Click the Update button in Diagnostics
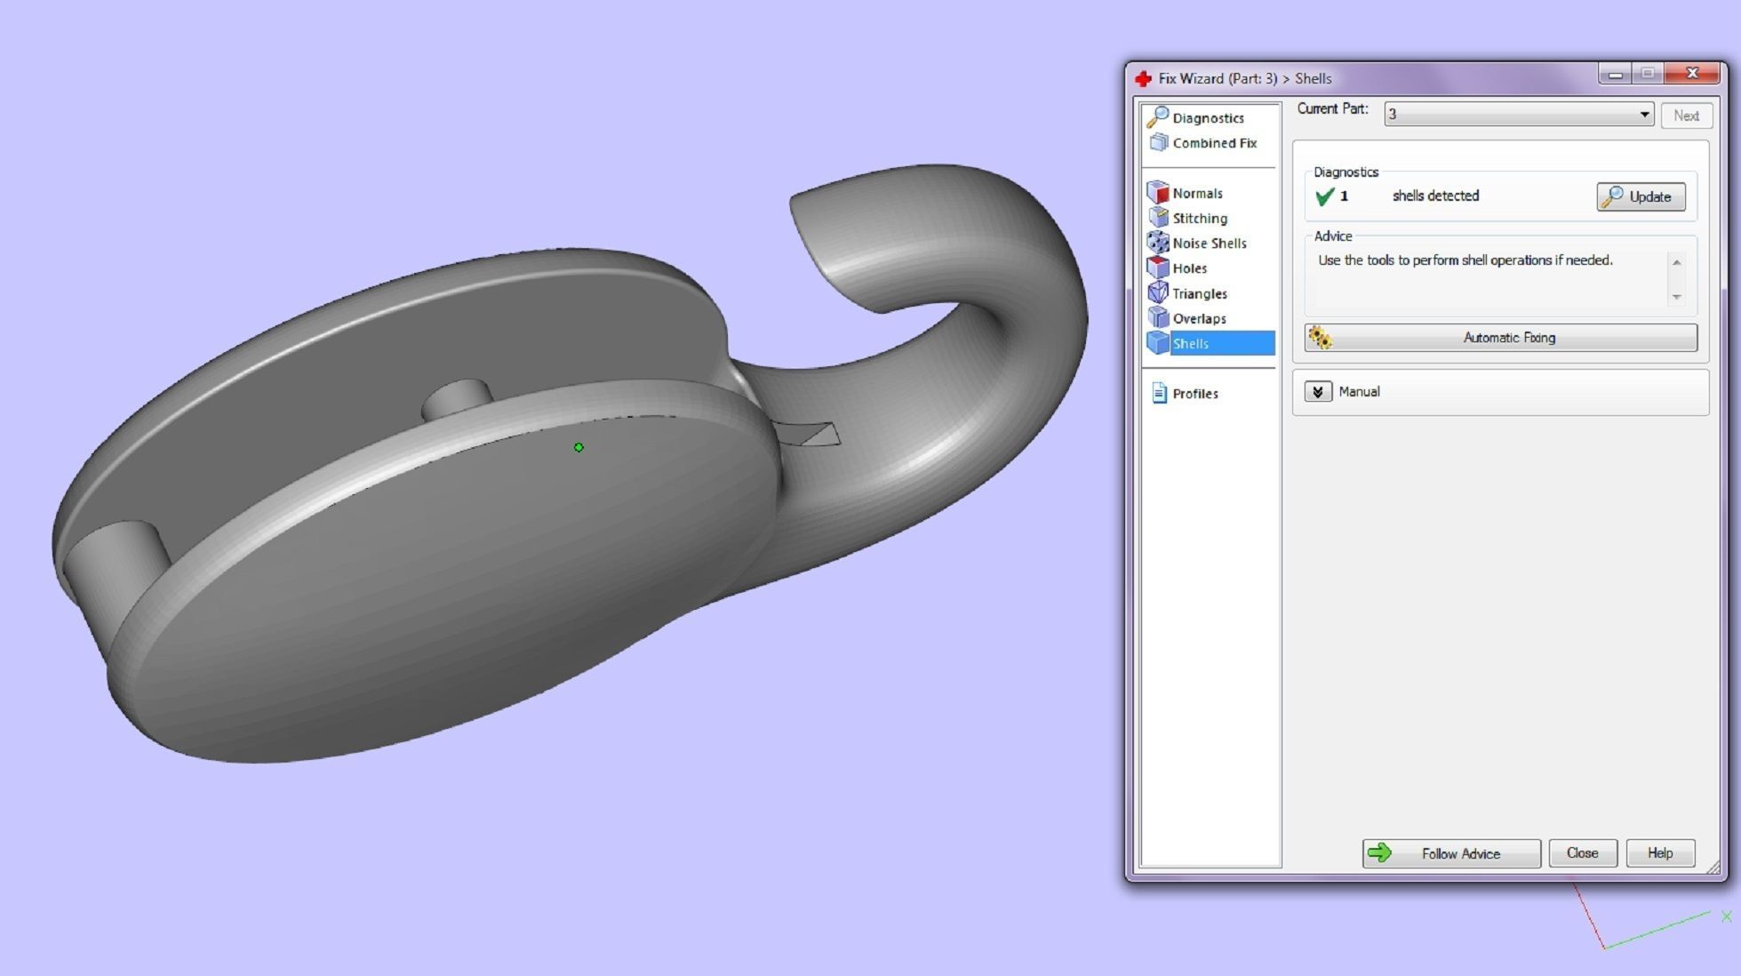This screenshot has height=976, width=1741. coord(1641,196)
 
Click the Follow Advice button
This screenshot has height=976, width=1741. coord(1450,853)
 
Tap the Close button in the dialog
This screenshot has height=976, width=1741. coord(1582,853)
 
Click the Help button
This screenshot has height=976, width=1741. coord(1659,853)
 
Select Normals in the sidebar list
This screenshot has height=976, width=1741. coord(1196,193)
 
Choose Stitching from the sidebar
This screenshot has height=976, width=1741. coord(1199,218)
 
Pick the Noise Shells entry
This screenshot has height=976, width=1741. coord(1209,243)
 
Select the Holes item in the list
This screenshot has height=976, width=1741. coord(1189,268)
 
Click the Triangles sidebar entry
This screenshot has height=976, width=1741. coord(1199,293)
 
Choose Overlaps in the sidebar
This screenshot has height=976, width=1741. coord(1199,318)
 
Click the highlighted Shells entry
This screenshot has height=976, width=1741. coord(1191,343)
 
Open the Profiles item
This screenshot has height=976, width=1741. coord(1194,393)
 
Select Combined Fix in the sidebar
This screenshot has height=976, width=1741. coord(1214,143)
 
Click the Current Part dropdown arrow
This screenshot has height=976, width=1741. coord(1644,115)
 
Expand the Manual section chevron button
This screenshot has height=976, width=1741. coord(1318,392)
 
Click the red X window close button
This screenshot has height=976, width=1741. coord(1692,74)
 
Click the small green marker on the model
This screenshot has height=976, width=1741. coord(579,447)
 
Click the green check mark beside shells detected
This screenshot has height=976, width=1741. coord(1324,196)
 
